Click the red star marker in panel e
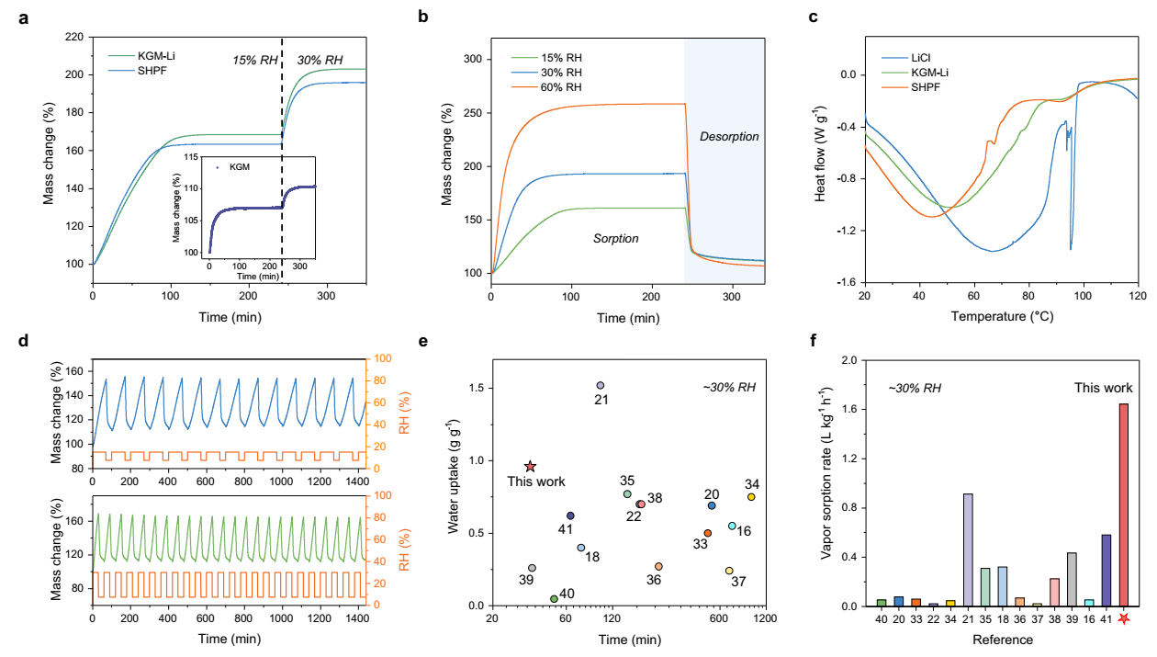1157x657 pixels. (530, 467)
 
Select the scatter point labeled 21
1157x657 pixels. (601, 386)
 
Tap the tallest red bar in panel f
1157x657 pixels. (1124, 505)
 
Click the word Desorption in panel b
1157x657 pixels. (729, 137)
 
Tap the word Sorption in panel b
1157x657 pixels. (614, 238)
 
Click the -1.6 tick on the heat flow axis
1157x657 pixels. (843, 282)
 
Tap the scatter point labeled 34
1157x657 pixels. (751, 497)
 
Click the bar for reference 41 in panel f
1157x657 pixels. (1106, 570)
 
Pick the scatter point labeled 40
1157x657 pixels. (554, 599)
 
